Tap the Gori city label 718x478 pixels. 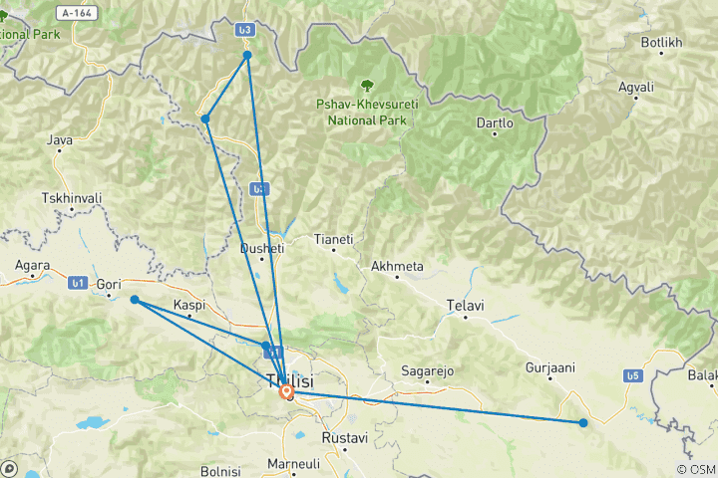109,284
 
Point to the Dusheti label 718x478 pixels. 263,248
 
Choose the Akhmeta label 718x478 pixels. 397,266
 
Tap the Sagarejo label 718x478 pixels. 427,370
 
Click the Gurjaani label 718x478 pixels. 550,367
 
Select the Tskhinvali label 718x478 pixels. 73,198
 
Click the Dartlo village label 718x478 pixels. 495,123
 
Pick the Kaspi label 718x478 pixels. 188,304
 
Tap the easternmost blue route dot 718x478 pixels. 583,423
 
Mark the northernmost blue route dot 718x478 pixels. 247,55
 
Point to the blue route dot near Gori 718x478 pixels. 135,299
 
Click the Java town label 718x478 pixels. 60,141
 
